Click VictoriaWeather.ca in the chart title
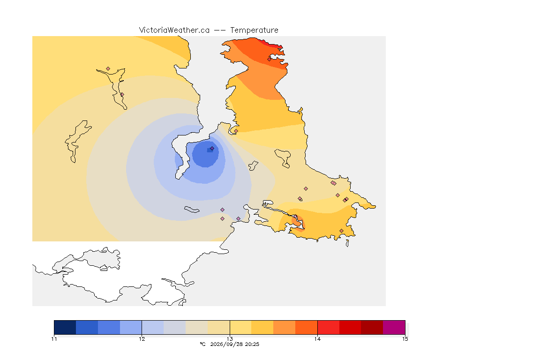[174, 30]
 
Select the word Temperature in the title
[254, 30]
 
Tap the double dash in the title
[220, 30]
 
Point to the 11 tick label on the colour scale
[54, 339]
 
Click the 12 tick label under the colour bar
[142, 339]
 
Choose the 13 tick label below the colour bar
[230, 339]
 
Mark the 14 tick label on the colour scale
[317, 339]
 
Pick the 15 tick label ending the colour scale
[405, 339]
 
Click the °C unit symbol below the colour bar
[202, 344]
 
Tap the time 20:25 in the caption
[252, 344]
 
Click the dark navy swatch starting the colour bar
[65, 327]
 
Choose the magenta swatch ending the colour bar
[394, 327]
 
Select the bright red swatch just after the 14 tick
[329, 327]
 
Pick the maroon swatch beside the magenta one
[372, 327]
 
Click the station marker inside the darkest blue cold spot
[212, 149]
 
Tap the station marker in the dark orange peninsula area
[270, 59]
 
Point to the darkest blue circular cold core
[205, 154]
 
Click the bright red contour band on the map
[272, 44]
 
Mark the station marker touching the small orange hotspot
[295, 217]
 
